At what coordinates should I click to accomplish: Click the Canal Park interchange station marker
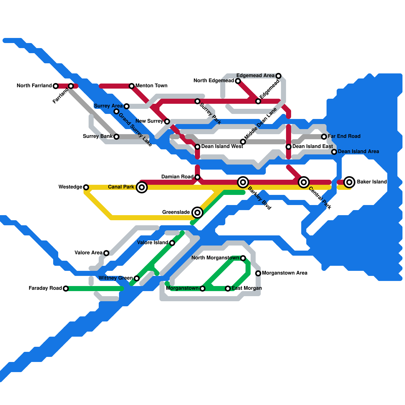click(x=142, y=187)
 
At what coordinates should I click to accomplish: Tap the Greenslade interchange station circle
click(x=197, y=213)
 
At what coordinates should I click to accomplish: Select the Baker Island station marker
click(x=349, y=182)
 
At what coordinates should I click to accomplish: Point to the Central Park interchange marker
click(x=304, y=182)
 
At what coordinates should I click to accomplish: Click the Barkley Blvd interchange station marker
click(x=243, y=182)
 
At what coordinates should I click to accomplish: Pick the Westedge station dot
click(x=86, y=187)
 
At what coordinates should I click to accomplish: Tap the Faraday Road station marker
click(x=66, y=289)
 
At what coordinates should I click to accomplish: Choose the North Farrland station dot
click(x=56, y=86)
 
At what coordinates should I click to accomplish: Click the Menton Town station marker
click(x=132, y=86)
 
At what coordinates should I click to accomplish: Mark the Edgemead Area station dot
click(x=278, y=76)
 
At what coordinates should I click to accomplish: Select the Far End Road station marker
click(x=324, y=137)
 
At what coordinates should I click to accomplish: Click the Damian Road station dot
click(x=197, y=177)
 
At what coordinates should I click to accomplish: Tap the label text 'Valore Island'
click(x=152, y=243)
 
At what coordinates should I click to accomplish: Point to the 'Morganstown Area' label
click(x=285, y=273)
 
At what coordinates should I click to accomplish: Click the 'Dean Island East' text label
click(x=312, y=147)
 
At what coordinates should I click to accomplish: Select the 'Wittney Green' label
click(x=115, y=278)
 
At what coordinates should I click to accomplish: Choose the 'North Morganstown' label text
click(x=215, y=258)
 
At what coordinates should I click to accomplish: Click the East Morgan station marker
click(x=228, y=289)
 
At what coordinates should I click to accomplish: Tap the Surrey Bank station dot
click(x=116, y=137)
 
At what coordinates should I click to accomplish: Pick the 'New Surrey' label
click(x=149, y=121)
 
